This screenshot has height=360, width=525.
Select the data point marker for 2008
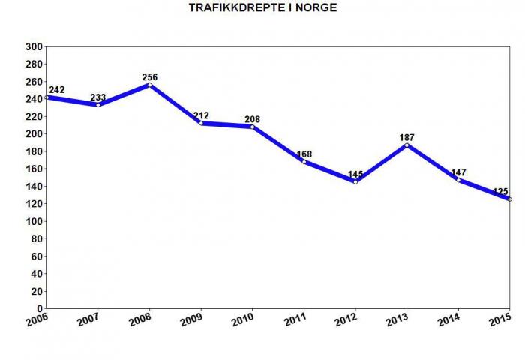coord(149,85)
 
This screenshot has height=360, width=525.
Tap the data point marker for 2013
coord(406,145)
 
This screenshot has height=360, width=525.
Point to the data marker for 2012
coord(355,181)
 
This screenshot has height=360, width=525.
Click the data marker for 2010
coord(252,127)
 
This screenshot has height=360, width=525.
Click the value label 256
coord(149,76)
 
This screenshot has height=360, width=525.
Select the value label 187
coord(406,136)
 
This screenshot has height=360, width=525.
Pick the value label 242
coord(56,89)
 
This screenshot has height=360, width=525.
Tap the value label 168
coord(304,154)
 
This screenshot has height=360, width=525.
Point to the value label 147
coord(458,172)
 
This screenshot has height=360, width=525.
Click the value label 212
coord(201,115)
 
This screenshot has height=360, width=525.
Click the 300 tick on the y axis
coord(33,46)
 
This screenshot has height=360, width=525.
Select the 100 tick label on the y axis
coord(33,221)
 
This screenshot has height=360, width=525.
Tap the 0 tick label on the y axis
coord(39,308)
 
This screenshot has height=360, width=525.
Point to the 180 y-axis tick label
coord(33,151)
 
